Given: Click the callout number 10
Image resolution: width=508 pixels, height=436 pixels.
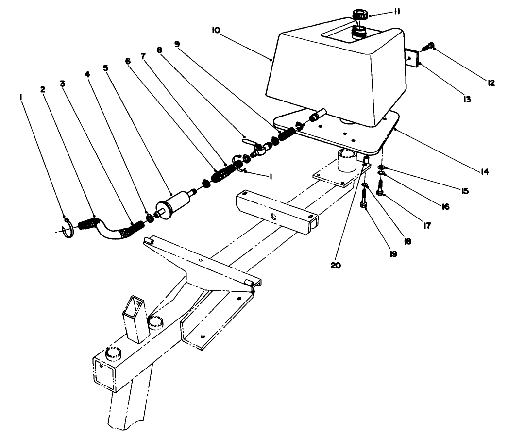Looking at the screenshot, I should (x=216, y=30).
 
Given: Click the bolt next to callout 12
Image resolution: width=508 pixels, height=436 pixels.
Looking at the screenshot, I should (x=429, y=48).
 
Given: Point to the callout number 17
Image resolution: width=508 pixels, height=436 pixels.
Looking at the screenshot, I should (x=427, y=225).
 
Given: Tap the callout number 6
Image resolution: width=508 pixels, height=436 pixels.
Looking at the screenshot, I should (x=128, y=61).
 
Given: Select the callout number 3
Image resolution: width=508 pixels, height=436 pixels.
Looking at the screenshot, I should (x=62, y=83).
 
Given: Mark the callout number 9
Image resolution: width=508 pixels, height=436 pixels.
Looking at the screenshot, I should (x=177, y=43).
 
